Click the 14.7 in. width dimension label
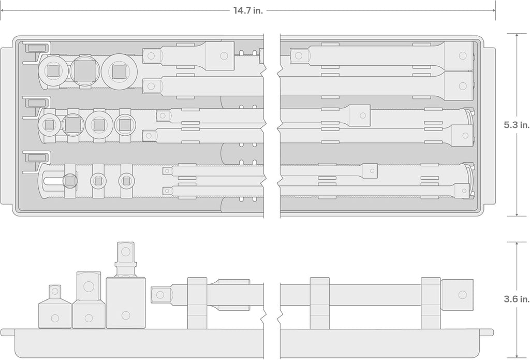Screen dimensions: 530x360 248,10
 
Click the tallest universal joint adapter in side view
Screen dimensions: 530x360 126,285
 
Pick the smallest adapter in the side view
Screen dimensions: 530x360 55,307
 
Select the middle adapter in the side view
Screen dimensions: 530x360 89,300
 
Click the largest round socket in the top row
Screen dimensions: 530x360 119,71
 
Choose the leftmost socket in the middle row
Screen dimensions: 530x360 49,125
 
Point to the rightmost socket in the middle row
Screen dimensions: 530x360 125,125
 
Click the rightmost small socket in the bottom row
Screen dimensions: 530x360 126,181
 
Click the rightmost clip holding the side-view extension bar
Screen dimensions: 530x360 431,303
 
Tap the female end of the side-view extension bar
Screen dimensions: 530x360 458,295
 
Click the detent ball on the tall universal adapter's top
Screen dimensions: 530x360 126,251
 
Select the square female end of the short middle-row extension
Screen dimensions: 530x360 360,116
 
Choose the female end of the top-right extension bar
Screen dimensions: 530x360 459,55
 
